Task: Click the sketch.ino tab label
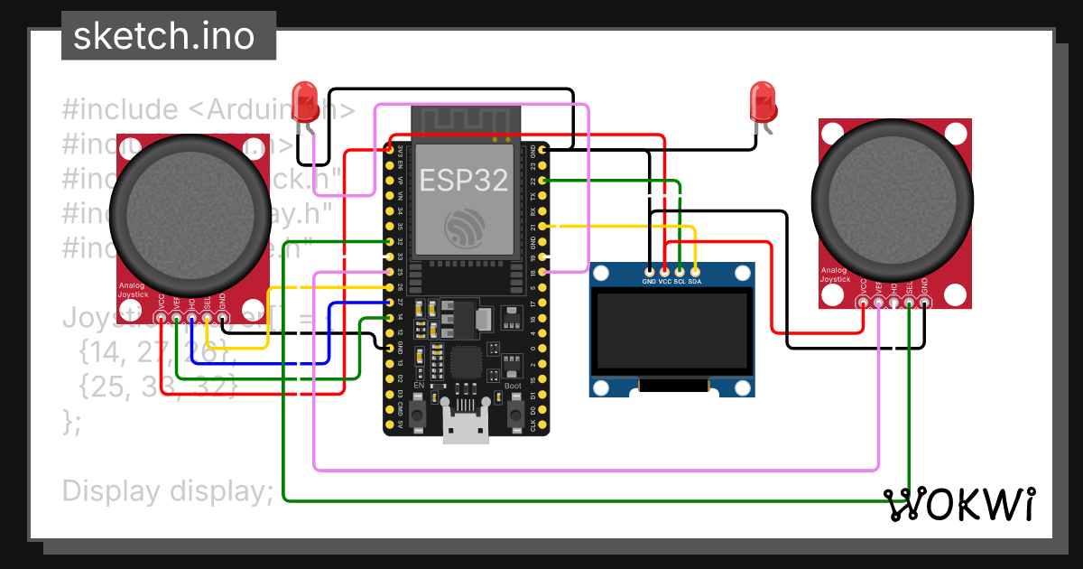pyautogui.click(x=163, y=37)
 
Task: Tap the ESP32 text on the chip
pyautogui.click(x=463, y=180)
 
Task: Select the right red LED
pyautogui.click(x=764, y=101)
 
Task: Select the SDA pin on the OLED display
pyautogui.click(x=695, y=271)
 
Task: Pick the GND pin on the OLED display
pyautogui.click(x=650, y=271)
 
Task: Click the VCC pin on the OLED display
pyautogui.click(x=665, y=271)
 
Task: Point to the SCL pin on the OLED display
pyautogui.click(x=680, y=271)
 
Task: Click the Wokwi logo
pyautogui.click(x=958, y=504)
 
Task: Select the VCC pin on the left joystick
pyautogui.click(x=162, y=318)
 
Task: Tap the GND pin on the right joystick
pyautogui.click(x=924, y=303)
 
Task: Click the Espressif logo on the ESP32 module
pyautogui.click(x=463, y=227)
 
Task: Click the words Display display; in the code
pyautogui.click(x=167, y=491)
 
